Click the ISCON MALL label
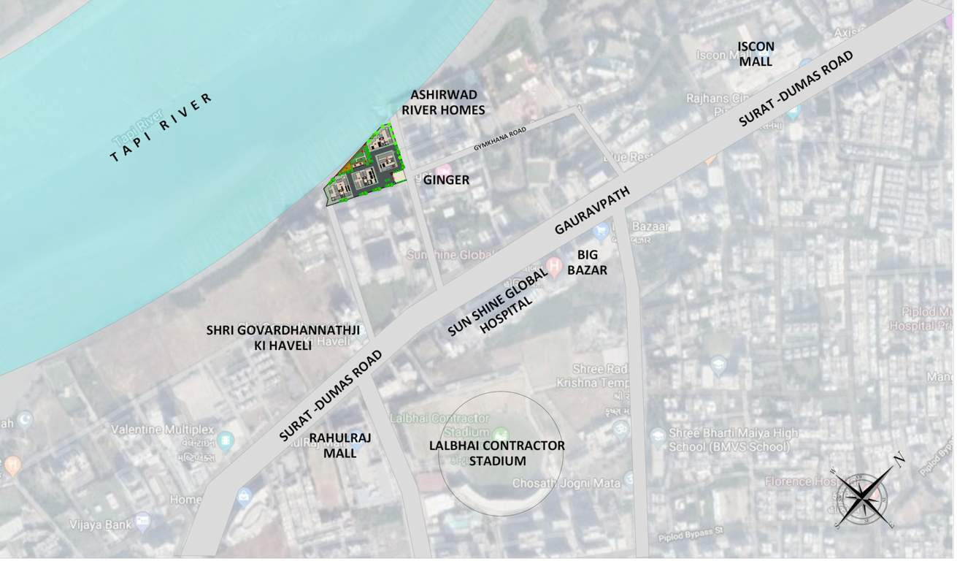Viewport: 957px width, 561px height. click(756, 53)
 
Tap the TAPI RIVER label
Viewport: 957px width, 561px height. click(161, 128)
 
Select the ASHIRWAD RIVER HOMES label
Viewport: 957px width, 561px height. click(447, 102)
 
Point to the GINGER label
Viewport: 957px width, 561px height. click(445, 180)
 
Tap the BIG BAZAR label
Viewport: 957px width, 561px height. click(592, 262)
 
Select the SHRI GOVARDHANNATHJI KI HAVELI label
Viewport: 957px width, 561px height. click(283, 337)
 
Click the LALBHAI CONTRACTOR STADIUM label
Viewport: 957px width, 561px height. click(497, 453)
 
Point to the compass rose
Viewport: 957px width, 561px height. click(862, 496)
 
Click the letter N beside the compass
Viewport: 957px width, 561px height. click(899, 458)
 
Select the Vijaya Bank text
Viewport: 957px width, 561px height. click(99, 523)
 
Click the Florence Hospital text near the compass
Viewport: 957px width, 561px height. click(799, 481)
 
